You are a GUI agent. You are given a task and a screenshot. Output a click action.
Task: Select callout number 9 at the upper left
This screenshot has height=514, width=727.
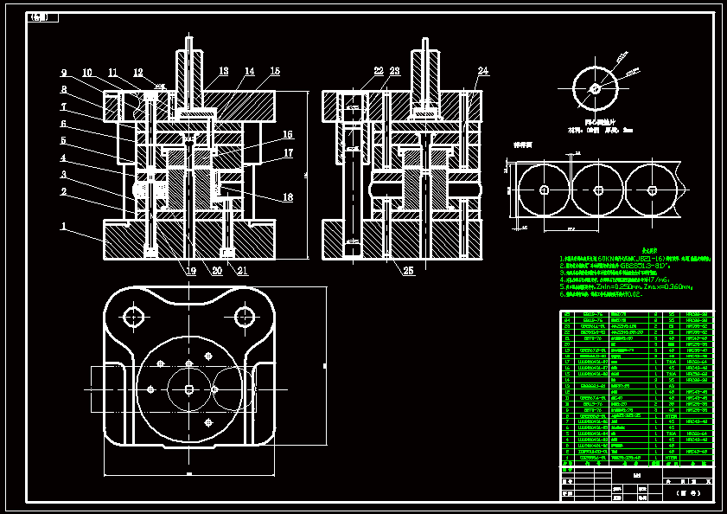click(x=63, y=73)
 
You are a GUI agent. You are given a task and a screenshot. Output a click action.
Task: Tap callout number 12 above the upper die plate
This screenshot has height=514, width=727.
click(x=138, y=73)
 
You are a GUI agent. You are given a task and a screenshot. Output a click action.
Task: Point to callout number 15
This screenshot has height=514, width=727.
click(x=275, y=71)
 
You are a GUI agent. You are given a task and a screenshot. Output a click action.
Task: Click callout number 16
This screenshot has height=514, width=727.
click(x=288, y=134)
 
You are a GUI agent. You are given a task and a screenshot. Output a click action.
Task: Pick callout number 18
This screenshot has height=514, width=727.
click(x=288, y=197)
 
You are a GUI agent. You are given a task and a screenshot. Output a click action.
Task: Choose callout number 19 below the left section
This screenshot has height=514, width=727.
click(x=191, y=270)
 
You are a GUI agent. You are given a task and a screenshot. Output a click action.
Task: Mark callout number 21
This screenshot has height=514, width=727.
click(x=242, y=270)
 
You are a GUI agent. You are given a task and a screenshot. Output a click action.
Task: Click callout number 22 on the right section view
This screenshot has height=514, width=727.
click(x=379, y=71)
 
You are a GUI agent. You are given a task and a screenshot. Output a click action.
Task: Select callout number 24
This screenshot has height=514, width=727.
click(x=482, y=71)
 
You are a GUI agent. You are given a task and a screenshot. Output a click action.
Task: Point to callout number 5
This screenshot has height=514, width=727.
click(x=63, y=140)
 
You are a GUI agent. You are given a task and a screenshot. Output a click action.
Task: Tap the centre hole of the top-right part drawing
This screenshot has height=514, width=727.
click(x=595, y=88)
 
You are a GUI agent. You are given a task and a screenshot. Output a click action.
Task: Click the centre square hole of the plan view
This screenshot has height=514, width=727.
click(x=189, y=389)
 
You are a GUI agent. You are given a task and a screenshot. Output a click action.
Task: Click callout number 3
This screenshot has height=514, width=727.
click(x=63, y=174)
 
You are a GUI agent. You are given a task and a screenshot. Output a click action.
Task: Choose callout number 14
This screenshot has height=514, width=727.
click(x=249, y=71)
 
